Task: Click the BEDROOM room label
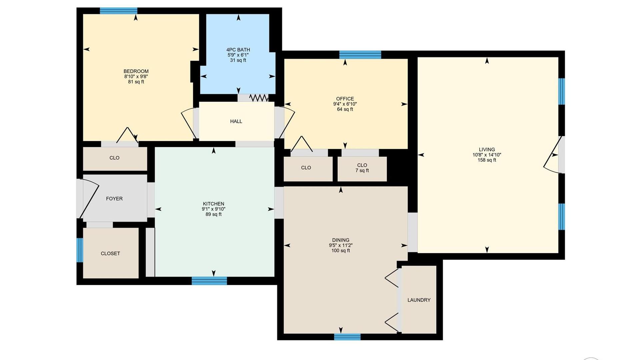136,71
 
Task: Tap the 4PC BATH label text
238,50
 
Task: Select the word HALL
236,121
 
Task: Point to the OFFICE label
345,99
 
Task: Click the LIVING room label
487,150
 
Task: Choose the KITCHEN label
213,204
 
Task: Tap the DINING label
341,240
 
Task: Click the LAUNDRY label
419,300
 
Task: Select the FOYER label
114,199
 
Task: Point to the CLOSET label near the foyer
110,254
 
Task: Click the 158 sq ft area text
487,160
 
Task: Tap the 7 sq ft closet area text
362,171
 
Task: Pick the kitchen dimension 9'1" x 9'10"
213,209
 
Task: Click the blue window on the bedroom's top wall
119,11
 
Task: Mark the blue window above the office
360,55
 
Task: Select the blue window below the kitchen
209,281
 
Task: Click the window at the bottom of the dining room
347,337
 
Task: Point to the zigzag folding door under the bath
259,98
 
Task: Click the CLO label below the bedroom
114,158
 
